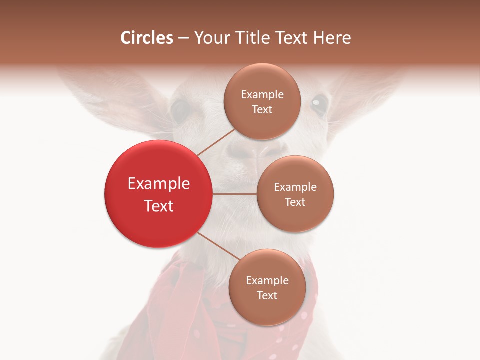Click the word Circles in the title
tap(147, 38)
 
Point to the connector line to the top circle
tap(216, 142)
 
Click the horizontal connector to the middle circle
tap(234, 194)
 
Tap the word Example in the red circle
tap(159, 184)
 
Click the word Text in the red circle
tap(159, 206)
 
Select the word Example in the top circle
tap(262, 95)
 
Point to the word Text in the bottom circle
tap(267, 296)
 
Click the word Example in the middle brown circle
tap(295, 187)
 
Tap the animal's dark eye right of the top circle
tap(318, 104)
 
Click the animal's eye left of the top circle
tap(181, 110)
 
